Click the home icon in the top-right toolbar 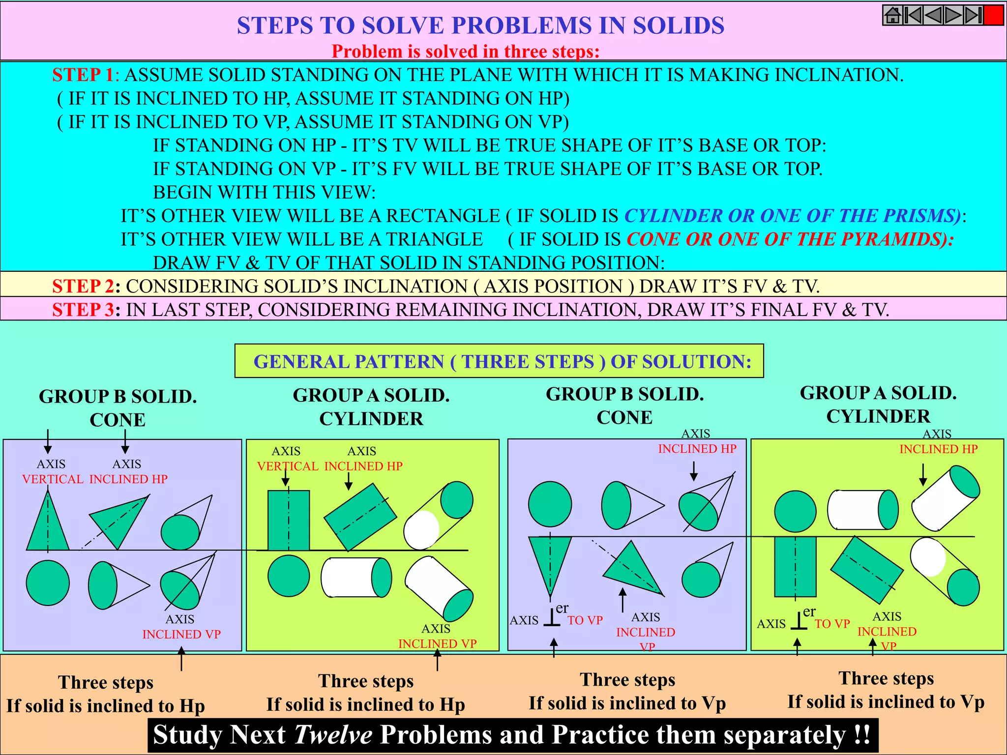(x=892, y=15)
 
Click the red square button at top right (x=993, y=15)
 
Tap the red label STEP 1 (x=83, y=75)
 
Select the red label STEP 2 (x=83, y=286)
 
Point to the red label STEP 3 (x=83, y=310)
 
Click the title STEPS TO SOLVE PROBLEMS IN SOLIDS (x=480, y=26)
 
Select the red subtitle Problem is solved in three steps (x=465, y=52)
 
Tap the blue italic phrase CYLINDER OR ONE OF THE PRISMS (x=792, y=216)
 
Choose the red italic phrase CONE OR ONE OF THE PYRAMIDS (x=789, y=239)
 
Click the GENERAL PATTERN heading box (x=499, y=361)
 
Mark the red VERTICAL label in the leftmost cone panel (x=53, y=479)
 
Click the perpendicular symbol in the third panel (x=552, y=618)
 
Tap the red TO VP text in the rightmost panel (x=832, y=624)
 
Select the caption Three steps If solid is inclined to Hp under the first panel (x=106, y=694)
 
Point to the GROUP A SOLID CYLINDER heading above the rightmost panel (x=878, y=405)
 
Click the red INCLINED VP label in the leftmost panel (x=181, y=635)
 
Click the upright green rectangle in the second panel (x=289, y=521)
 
